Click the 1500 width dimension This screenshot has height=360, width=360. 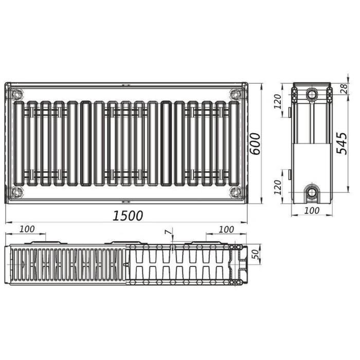pyautogui.click(x=128, y=215)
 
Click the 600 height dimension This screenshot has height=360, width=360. pyautogui.click(x=255, y=144)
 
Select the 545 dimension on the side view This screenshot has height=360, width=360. pyautogui.click(x=341, y=143)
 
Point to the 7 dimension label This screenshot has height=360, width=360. pyautogui.click(x=169, y=232)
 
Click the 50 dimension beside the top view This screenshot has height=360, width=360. pyautogui.click(x=255, y=255)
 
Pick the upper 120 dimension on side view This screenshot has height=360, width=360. pyautogui.click(x=277, y=101)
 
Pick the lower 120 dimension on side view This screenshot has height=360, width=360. pyautogui.click(x=277, y=187)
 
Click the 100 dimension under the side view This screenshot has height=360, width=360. pyautogui.click(x=312, y=210)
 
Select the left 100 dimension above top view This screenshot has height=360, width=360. pyautogui.click(x=27, y=229)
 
